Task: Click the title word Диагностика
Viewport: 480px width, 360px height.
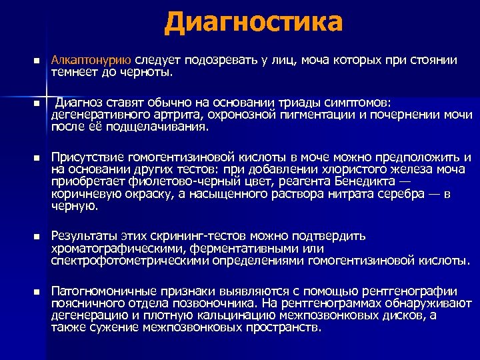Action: pyautogui.click(x=253, y=23)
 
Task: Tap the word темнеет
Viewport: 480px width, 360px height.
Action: pyautogui.click(x=74, y=71)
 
